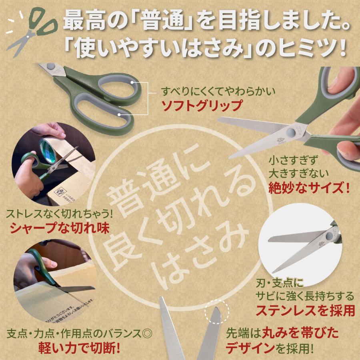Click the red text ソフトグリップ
click(202, 106)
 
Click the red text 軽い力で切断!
click(79, 347)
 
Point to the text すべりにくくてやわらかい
click(218, 92)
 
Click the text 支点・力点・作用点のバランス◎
click(80, 333)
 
